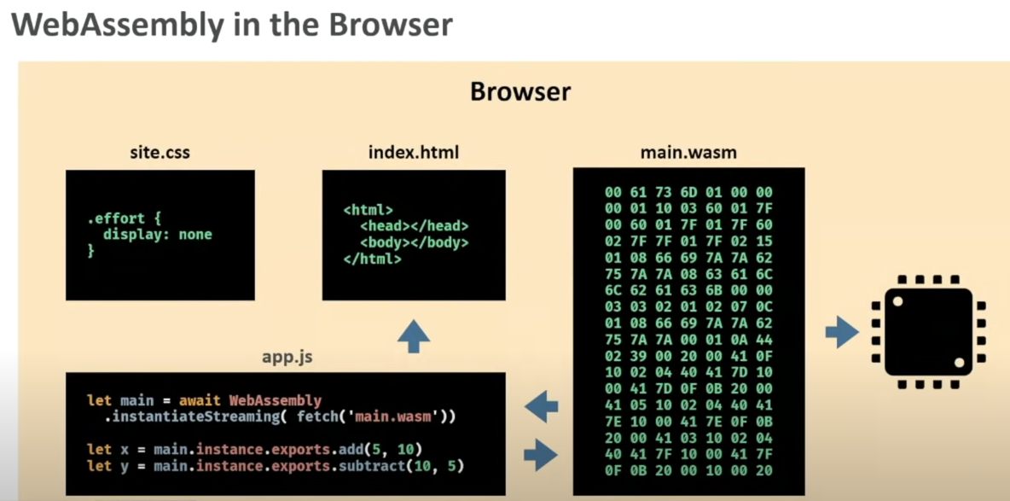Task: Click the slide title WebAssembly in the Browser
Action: pyautogui.click(x=232, y=26)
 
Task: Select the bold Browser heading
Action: pyautogui.click(x=520, y=92)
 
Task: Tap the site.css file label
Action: pyautogui.click(x=160, y=153)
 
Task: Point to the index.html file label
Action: pyautogui.click(x=413, y=153)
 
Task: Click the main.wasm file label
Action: pyautogui.click(x=688, y=153)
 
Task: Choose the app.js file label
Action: pyautogui.click(x=287, y=357)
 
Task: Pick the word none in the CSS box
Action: pyautogui.click(x=194, y=235)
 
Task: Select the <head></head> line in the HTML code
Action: pyautogui.click(x=414, y=226)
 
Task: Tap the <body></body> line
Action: pyautogui.click(x=414, y=242)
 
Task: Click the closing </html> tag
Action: pyautogui.click(x=372, y=259)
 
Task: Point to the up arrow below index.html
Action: pyautogui.click(x=414, y=336)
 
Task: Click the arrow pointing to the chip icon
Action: pyautogui.click(x=842, y=331)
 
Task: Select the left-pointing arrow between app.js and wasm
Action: pyautogui.click(x=541, y=406)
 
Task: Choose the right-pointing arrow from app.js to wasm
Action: pyautogui.click(x=541, y=454)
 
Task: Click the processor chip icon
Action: pyautogui.click(x=928, y=331)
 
